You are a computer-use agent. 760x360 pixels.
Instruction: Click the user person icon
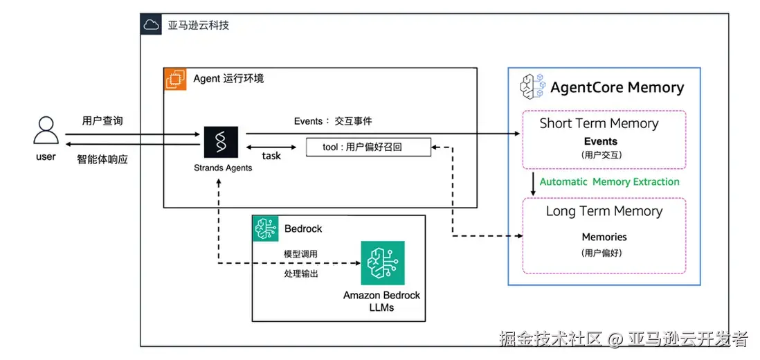[x=46, y=131]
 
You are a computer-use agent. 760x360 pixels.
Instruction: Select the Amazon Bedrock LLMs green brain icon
[x=382, y=263]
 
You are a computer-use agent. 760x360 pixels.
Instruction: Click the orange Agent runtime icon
[x=176, y=79]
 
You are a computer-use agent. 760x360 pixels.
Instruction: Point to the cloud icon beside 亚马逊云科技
[x=151, y=26]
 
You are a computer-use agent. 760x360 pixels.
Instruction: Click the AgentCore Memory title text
[x=617, y=88]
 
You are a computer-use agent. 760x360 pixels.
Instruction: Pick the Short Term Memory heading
[x=599, y=123]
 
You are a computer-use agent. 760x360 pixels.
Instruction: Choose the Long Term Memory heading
[x=604, y=211]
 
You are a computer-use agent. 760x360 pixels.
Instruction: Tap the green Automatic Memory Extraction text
[x=609, y=181]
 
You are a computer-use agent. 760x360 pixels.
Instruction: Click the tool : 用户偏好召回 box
[x=368, y=147]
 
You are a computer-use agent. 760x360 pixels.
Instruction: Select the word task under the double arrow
[x=271, y=156]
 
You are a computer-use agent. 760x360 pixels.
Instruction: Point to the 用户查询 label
[x=102, y=120]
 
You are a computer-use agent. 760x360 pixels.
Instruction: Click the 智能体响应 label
[x=102, y=159]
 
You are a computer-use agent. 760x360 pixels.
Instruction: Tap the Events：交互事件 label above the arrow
[x=332, y=121]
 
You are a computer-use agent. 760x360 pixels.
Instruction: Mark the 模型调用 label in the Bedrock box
[x=300, y=254]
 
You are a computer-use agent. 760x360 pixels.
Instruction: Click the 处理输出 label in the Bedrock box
[x=300, y=273]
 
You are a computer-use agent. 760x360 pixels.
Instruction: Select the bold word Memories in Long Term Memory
[x=604, y=237]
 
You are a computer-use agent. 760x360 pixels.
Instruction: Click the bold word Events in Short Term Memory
[x=600, y=141]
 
